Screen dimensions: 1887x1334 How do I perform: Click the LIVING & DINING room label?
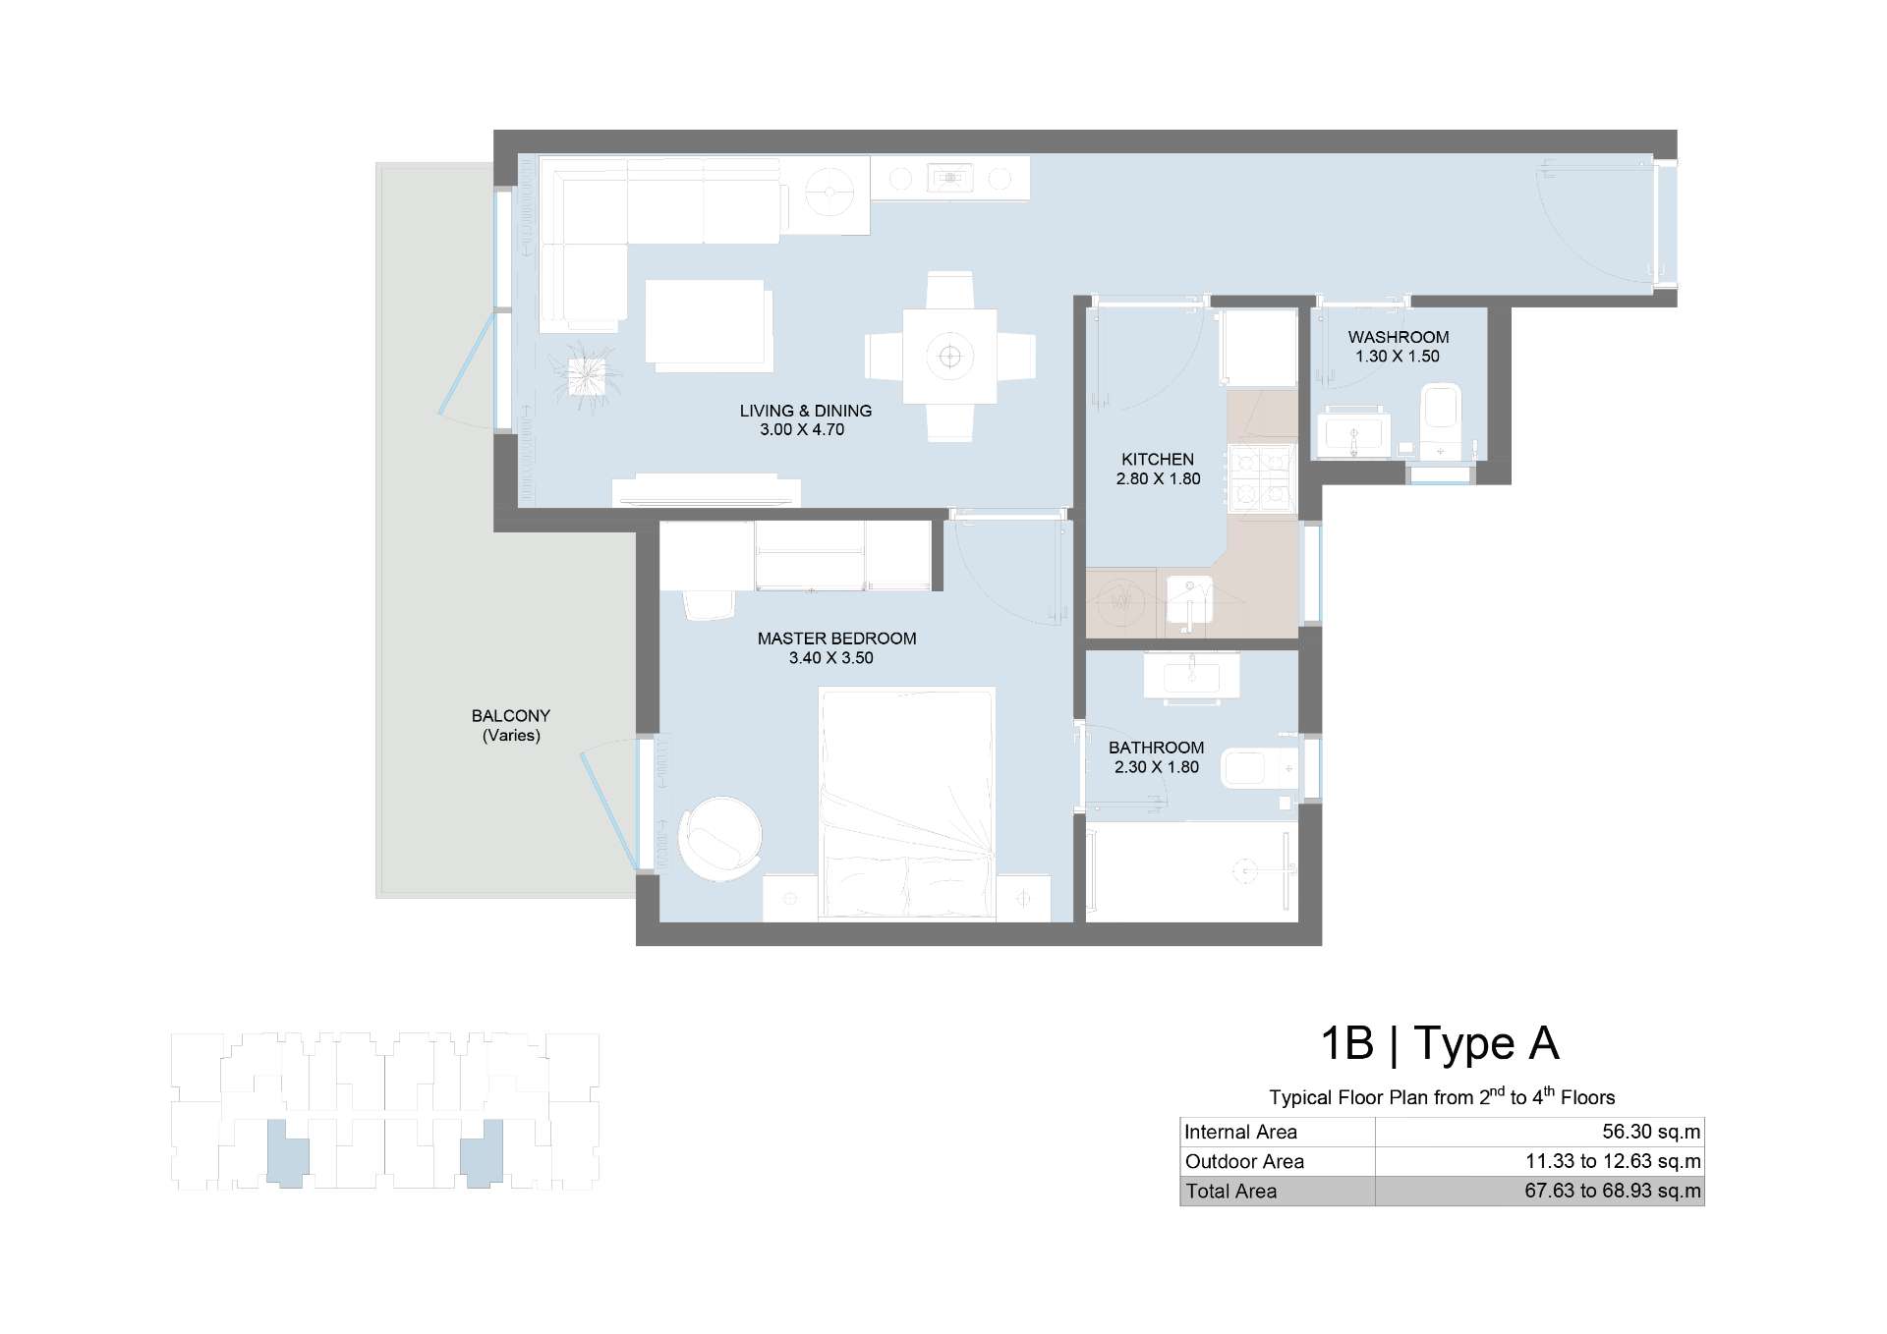pos(806,411)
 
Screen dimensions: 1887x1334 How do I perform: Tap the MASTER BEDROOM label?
pos(836,639)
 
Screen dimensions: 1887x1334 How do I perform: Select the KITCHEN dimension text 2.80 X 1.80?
pos(1158,479)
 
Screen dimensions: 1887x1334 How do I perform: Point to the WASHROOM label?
pos(1398,337)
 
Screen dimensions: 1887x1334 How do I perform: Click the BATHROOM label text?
pos(1156,748)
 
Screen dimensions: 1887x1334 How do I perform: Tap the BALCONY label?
pos(511,716)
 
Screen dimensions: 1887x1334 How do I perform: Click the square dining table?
pos(949,356)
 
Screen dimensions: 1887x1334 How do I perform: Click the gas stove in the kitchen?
pos(1261,478)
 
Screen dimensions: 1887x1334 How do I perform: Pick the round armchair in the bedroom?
pos(718,838)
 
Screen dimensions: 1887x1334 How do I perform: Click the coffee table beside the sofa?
pos(708,325)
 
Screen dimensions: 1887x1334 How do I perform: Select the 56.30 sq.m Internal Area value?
pos(1651,1132)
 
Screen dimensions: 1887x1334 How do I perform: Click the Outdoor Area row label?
pos(1244,1161)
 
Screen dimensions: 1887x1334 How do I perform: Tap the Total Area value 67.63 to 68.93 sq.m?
pos(1613,1191)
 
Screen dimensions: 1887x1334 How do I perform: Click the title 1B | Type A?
pos(1440,1043)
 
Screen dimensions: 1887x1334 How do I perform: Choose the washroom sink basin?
pos(1353,433)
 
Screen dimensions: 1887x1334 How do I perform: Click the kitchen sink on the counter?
pos(1189,602)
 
